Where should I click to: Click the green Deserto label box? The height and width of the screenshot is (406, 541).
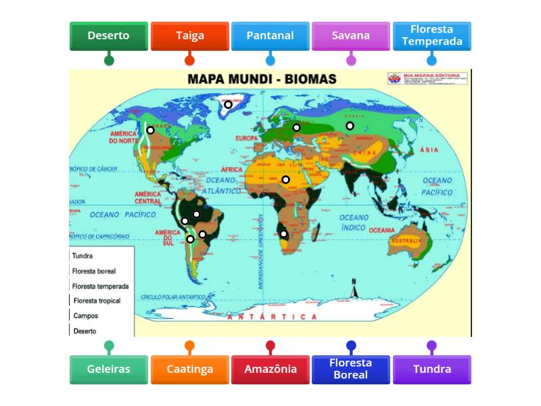108,36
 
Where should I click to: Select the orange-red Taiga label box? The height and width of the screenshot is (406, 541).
189,36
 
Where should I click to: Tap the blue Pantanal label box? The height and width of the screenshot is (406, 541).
270,36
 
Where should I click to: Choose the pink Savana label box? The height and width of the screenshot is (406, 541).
351,36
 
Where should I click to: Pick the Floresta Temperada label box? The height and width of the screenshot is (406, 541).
431,36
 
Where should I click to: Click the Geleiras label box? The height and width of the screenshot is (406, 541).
108,369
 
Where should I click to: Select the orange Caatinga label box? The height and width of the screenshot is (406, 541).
189,369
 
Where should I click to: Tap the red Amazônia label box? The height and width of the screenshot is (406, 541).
270,369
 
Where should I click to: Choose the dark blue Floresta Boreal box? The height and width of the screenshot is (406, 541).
351,369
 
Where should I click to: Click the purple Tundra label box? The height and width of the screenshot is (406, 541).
431,369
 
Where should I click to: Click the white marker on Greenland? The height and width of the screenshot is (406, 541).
229,104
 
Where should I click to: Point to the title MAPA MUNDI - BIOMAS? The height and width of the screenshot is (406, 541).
262,79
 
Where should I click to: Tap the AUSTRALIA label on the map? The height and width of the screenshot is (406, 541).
406,242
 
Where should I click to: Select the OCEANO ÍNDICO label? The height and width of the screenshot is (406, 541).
354,223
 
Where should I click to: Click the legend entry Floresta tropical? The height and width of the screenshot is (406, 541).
97,300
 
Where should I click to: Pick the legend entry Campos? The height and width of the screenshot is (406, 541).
86,315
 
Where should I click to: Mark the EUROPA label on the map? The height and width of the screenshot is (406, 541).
247,138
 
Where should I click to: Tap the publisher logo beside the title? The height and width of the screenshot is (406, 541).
395,78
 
